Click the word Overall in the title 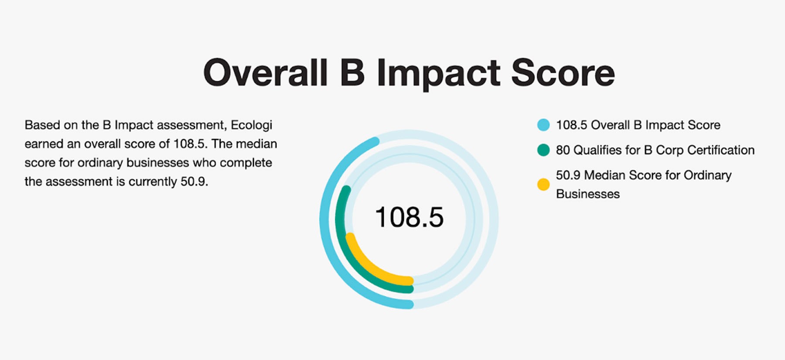pyautogui.click(x=265, y=73)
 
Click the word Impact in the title pyautogui.click(x=438, y=73)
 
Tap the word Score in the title pyautogui.click(x=563, y=73)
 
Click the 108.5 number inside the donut pyautogui.click(x=409, y=217)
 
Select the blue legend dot pyautogui.click(x=543, y=125)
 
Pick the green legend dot pyautogui.click(x=543, y=150)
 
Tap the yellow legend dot pyautogui.click(x=543, y=185)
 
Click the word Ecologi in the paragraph pyautogui.click(x=251, y=125)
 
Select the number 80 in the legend pyautogui.click(x=563, y=150)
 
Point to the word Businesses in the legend pyautogui.click(x=587, y=194)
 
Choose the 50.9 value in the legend pyautogui.click(x=568, y=175)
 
